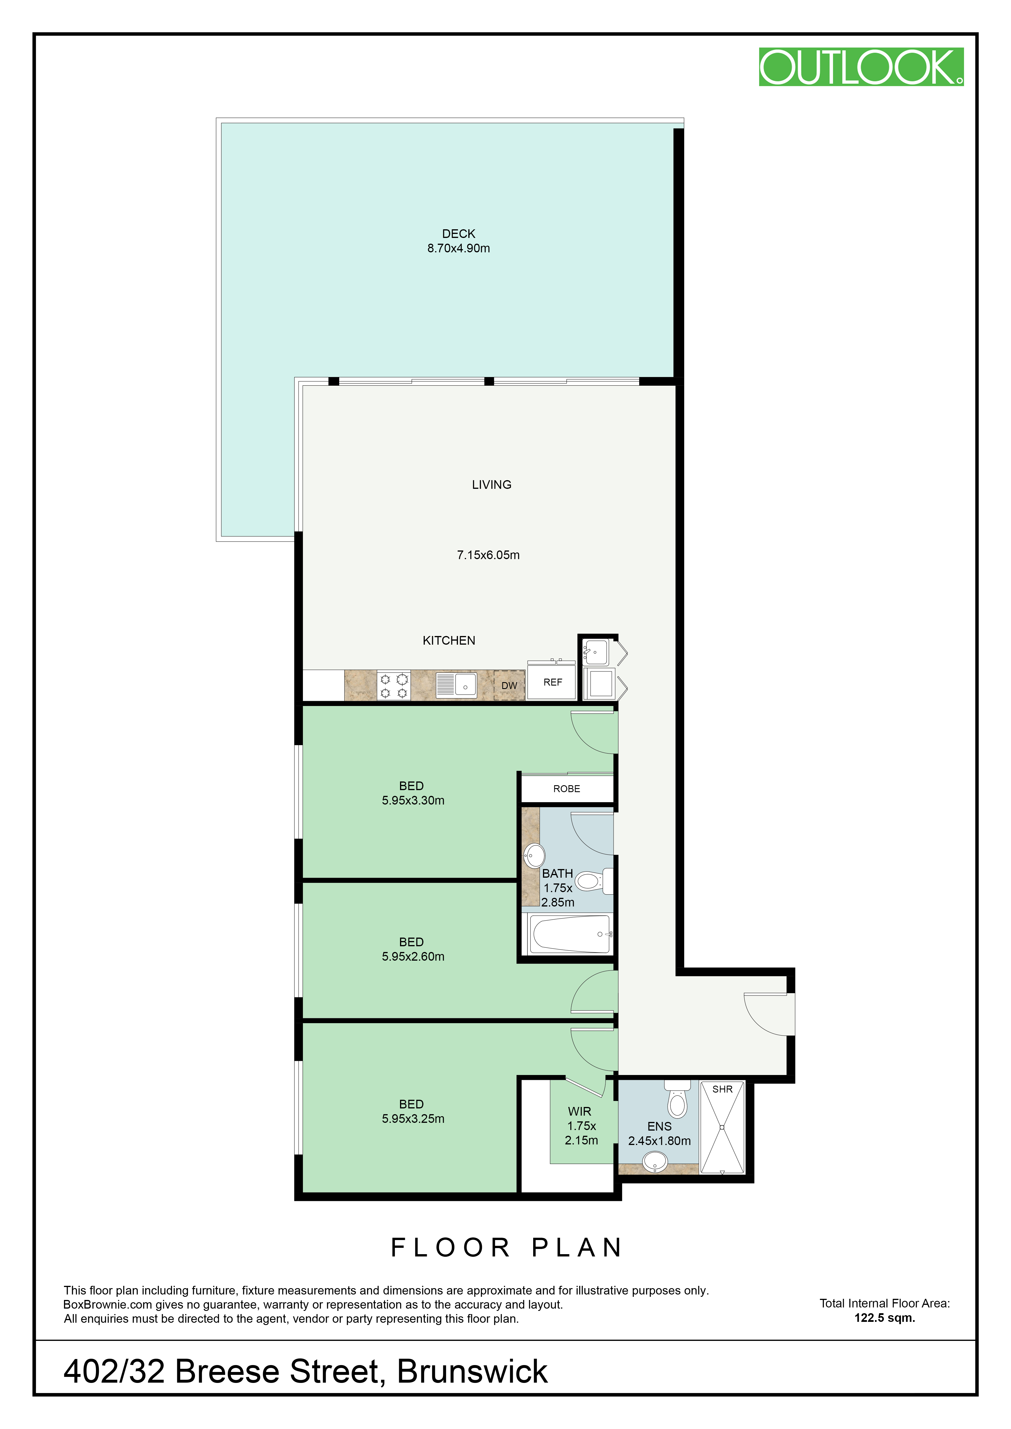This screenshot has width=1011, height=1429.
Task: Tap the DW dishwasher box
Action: click(x=509, y=685)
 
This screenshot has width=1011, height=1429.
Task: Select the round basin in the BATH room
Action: click(x=534, y=856)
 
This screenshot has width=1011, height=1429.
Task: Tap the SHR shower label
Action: click(x=722, y=1089)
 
